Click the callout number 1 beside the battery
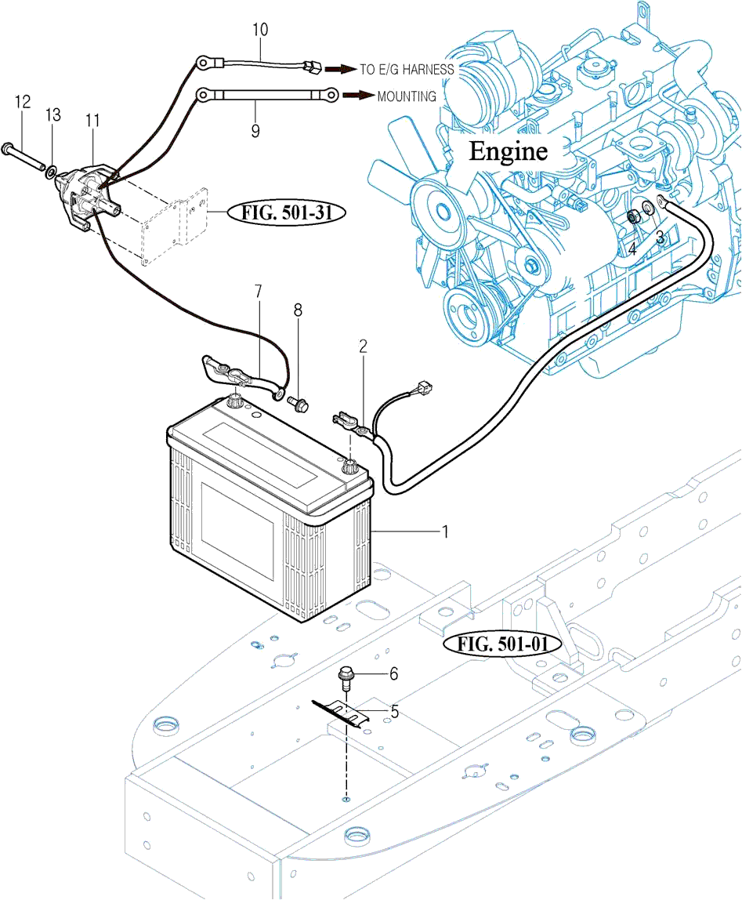click(445, 532)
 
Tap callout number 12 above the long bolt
click(22, 101)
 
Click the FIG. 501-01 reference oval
click(502, 644)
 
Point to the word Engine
click(508, 151)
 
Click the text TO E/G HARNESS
click(407, 69)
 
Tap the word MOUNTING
click(407, 96)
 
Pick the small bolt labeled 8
click(298, 404)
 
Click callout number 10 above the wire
click(260, 30)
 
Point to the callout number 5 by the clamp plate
click(395, 712)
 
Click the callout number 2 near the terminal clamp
click(363, 346)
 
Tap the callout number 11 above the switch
click(93, 120)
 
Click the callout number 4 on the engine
click(632, 249)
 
